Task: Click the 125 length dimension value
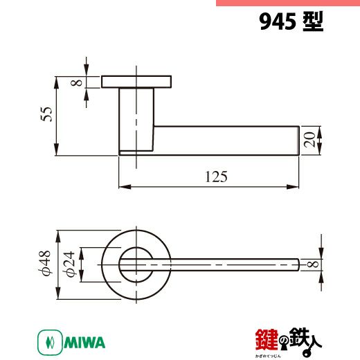pos(216,177)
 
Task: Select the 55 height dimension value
pos(46,114)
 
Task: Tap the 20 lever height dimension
pos(309,140)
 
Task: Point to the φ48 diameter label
pos(44,263)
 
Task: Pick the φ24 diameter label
pos(70,264)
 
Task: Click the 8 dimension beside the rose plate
pos(76,82)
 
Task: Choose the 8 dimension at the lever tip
pos(313,264)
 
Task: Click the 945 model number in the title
pos(278,21)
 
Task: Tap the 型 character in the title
pos(313,21)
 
